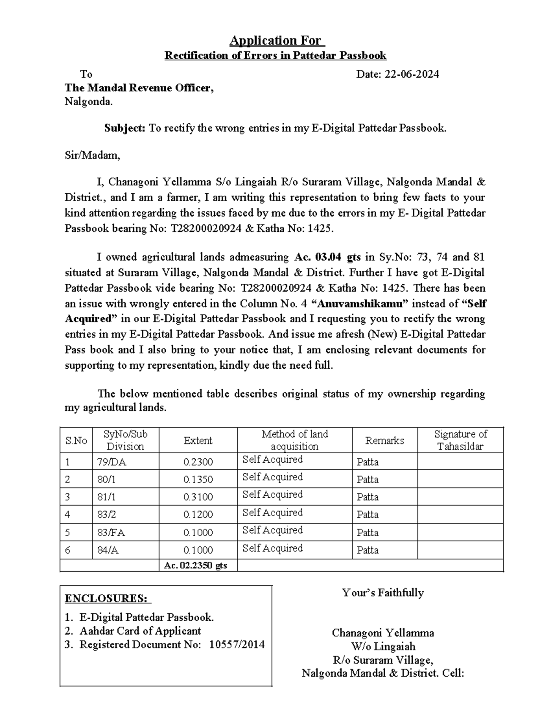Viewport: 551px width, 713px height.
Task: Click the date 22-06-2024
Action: pyautogui.click(x=412, y=74)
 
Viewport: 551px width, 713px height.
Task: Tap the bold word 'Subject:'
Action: pyautogui.click(x=124, y=128)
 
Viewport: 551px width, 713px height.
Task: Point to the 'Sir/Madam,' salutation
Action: pyautogui.click(x=92, y=155)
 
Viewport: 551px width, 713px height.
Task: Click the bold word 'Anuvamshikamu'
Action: pyautogui.click(x=362, y=303)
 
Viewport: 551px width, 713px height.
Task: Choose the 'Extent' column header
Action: pyautogui.click(x=198, y=440)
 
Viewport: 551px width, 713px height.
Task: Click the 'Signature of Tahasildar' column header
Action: pyautogui.click(x=460, y=440)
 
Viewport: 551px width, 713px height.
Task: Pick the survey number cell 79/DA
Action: pyautogui.click(x=112, y=462)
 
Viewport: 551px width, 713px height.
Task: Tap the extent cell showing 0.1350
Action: pyautogui.click(x=198, y=479)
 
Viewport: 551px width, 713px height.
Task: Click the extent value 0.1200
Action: pyautogui.click(x=198, y=515)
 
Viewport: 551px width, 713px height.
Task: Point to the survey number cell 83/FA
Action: pyautogui.click(x=111, y=533)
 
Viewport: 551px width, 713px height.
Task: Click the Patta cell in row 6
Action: pyautogui.click(x=368, y=550)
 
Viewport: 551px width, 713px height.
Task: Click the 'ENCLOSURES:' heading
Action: pyautogui.click(x=107, y=599)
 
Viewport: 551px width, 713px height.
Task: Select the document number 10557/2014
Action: pyautogui.click(x=237, y=645)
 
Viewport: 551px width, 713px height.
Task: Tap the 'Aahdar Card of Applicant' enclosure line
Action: pyautogui.click(x=140, y=631)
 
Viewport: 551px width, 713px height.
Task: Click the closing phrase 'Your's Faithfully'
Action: pyautogui.click(x=383, y=593)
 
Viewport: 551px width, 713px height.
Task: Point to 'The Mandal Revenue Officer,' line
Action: pyautogui.click(x=139, y=88)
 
